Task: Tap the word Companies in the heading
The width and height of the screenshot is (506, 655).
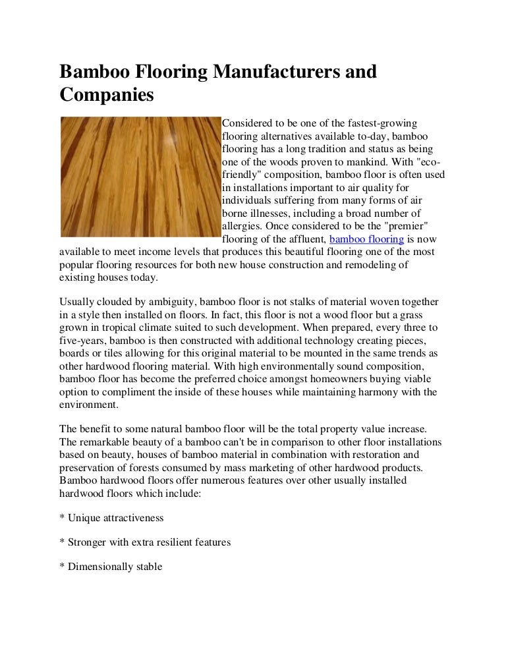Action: pyautogui.click(x=106, y=95)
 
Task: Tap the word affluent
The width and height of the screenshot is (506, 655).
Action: pyautogui.click(x=302, y=239)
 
